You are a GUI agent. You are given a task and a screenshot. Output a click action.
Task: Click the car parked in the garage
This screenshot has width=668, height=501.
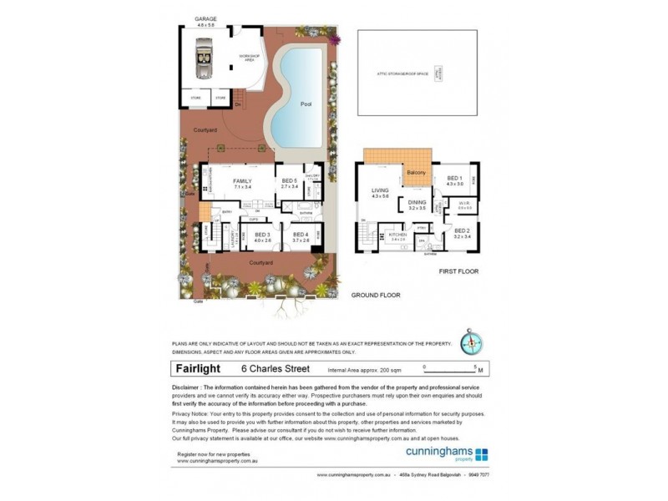203,62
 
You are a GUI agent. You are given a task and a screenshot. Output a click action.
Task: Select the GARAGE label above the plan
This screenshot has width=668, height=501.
205,18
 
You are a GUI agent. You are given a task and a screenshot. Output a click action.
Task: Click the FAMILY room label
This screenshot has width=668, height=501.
242,181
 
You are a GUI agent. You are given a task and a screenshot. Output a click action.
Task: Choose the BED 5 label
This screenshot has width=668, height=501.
289,181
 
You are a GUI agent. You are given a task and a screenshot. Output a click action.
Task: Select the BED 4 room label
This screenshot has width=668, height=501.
301,236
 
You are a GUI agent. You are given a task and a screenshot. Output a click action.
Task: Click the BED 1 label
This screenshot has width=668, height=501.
454,179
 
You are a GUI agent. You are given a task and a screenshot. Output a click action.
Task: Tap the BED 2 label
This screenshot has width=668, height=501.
462,232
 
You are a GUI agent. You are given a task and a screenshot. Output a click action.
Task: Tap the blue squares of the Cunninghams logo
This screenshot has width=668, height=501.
482,455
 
